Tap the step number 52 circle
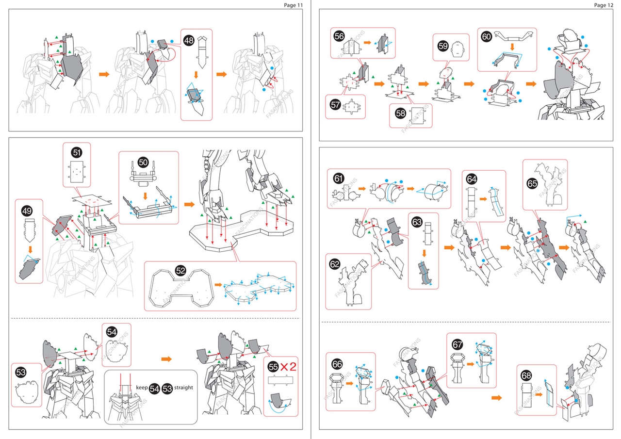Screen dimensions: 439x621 click(x=180, y=271)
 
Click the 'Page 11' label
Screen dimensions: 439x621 click(x=293, y=5)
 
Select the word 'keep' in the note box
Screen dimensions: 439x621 click(x=142, y=388)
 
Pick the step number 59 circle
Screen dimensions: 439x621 click(x=442, y=46)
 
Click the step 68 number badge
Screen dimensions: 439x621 click(x=526, y=375)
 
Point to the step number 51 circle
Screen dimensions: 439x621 click(x=76, y=152)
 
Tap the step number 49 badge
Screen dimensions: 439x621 click(x=27, y=211)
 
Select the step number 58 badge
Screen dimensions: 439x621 click(x=400, y=113)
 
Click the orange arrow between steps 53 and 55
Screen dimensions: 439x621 click(x=166, y=359)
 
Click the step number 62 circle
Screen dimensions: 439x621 click(x=335, y=265)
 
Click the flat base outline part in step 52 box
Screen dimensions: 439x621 click(x=181, y=289)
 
